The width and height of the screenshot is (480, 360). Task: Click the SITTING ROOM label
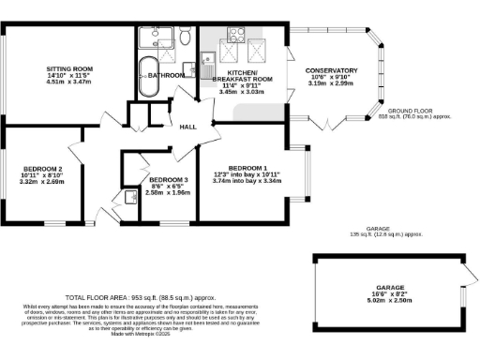click(x=70, y=69)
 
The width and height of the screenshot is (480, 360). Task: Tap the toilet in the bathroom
click(x=186, y=38)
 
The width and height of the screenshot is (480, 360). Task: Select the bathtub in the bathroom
click(x=149, y=77)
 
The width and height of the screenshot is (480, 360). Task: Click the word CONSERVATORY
click(x=331, y=70)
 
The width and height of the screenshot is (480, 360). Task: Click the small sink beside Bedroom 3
click(x=127, y=197)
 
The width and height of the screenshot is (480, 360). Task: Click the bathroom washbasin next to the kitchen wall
click(x=188, y=69)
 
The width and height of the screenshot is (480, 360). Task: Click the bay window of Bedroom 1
click(x=301, y=173)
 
